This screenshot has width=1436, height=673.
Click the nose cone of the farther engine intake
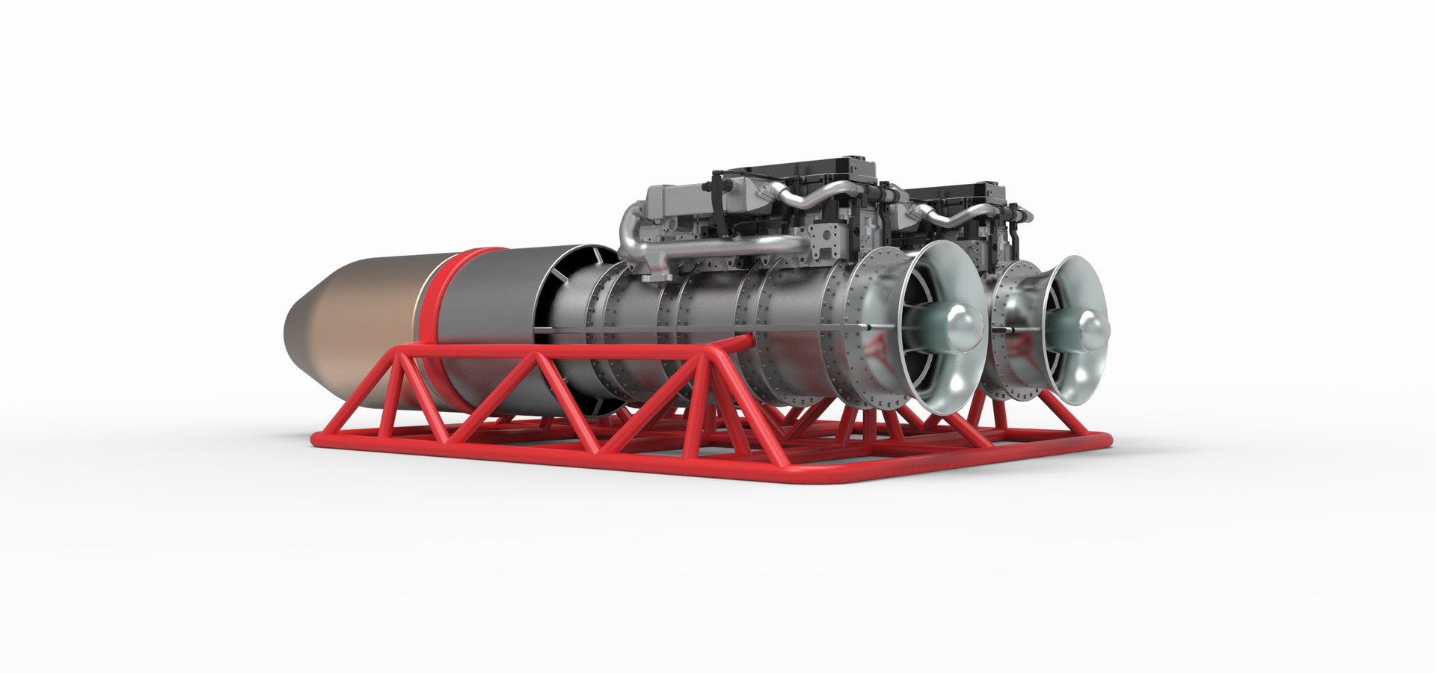pos(1084,328)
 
